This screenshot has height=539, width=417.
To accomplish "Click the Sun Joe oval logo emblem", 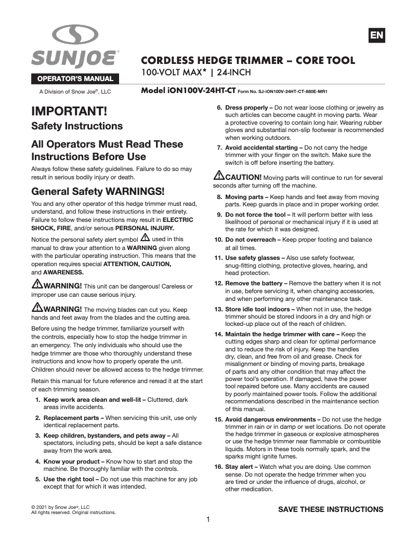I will [x=75, y=36].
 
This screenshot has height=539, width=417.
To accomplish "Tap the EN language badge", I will [x=376, y=35].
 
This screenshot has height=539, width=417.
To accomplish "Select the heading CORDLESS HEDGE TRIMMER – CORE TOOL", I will [x=248, y=60].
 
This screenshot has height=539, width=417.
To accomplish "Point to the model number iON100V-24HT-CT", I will [x=188, y=90].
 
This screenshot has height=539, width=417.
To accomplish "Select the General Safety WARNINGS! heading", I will [x=98, y=191].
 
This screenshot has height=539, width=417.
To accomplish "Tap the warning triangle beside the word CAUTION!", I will [x=218, y=176].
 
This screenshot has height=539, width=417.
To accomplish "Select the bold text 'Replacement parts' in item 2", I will [x=73, y=418].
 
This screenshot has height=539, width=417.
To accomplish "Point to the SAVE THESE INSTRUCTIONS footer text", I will [x=331, y=509].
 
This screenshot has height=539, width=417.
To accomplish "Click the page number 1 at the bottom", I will [x=208, y=520].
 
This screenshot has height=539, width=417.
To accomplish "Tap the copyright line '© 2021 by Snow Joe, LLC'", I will [x=61, y=507].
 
